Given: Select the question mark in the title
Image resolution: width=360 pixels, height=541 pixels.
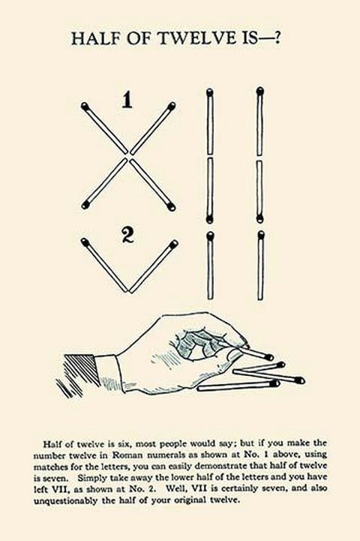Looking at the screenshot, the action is click(276, 38).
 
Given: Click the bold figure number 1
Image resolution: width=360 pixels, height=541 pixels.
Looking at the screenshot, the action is click(127, 101).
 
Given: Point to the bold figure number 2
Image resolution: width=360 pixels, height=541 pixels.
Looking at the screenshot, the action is click(128, 235).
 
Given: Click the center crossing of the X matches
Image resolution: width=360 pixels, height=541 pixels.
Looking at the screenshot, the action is click(129, 156).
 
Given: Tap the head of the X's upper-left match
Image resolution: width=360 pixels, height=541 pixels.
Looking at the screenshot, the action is click(85, 106).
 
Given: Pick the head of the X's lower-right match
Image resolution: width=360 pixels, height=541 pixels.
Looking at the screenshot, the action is click(172, 206).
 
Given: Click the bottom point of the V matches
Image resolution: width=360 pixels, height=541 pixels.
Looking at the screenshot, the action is click(129, 291).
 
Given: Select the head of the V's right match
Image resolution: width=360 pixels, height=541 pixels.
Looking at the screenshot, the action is click(174, 244).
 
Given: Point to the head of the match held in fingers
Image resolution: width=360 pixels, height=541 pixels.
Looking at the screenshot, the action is click(270, 357).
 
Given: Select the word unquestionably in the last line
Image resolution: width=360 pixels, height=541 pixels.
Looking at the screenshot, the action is click(65, 500).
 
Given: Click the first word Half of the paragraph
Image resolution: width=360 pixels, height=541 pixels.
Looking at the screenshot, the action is click(52, 443).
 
